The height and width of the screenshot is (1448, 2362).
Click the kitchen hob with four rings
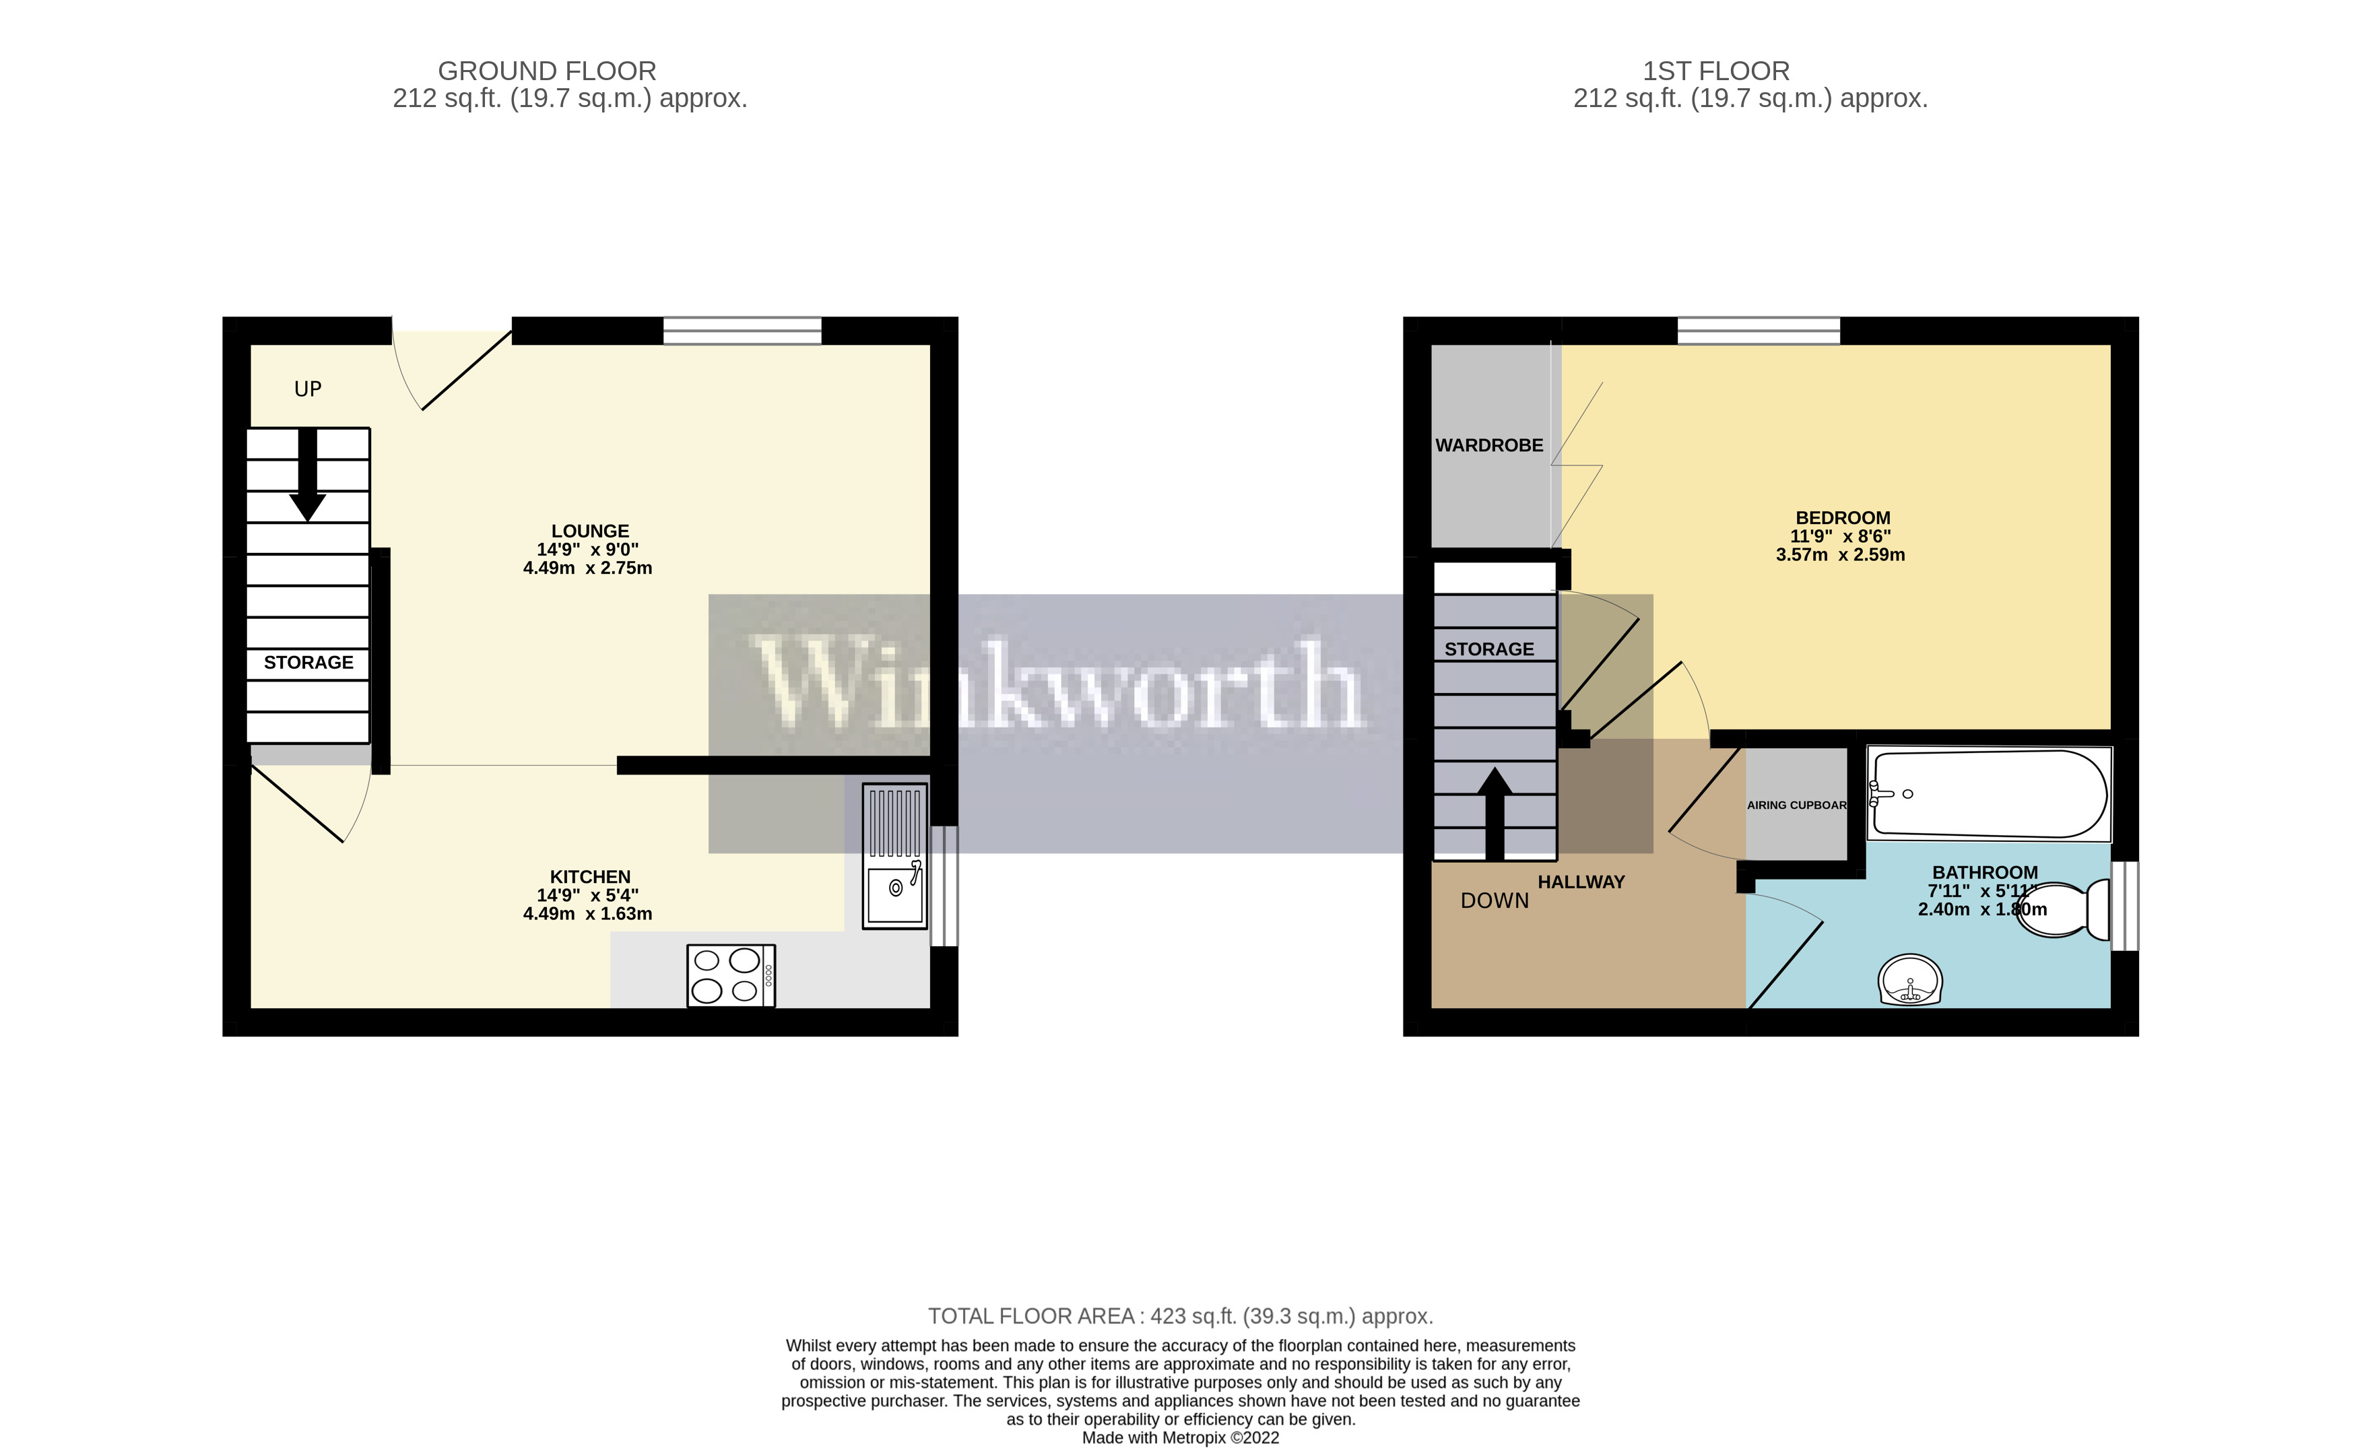(x=731, y=976)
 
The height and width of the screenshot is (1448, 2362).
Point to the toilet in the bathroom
(x=2061, y=909)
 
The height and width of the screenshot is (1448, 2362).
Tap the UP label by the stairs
(x=308, y=389)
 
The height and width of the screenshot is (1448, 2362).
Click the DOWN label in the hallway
(x=1495, y=901)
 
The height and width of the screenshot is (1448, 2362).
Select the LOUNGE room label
(x=589, y=531)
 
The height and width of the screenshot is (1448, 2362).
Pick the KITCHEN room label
(x=589, y=877)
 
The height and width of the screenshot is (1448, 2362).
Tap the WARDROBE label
(x=1488, y=446)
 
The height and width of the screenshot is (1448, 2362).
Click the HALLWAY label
(x=1581, y=882)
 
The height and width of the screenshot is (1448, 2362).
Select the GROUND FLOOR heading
(x=546, y=71)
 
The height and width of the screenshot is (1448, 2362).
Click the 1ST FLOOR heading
(x=1716, y=71)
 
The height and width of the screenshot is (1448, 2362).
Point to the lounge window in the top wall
(x=742, y=331)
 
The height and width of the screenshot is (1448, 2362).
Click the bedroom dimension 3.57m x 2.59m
(x=1839, y=555)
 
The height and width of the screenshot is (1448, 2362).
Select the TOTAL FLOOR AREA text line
(x=1180, y=1316)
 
